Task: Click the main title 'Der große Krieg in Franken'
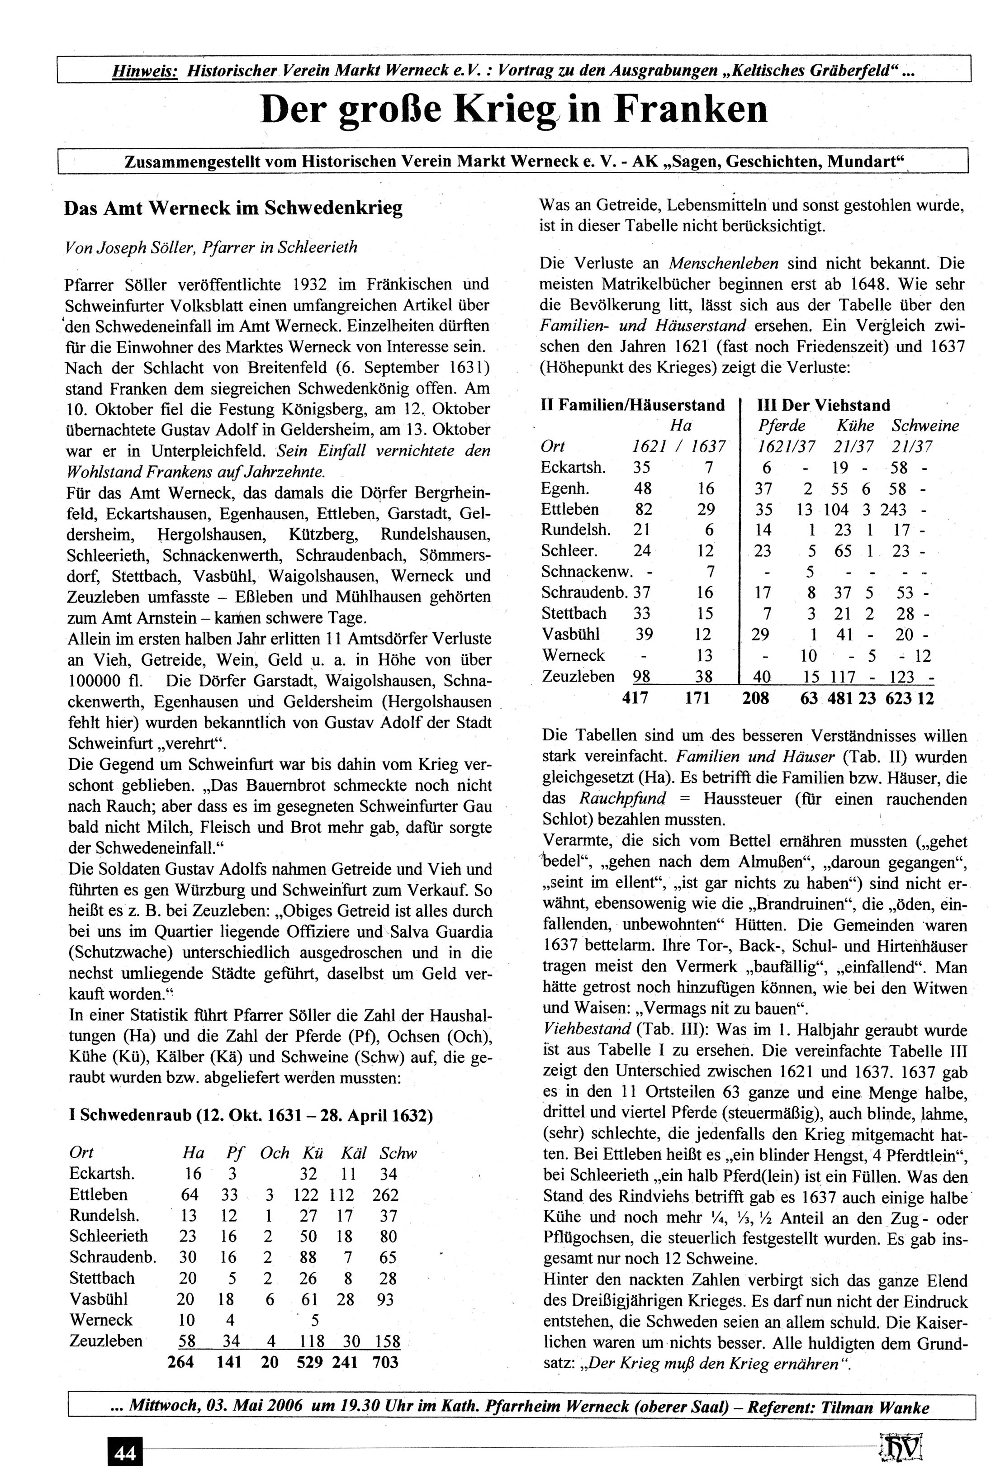click(514, 110)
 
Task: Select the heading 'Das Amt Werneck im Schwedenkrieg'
click(233, 208)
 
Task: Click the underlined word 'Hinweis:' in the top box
click(145, 70)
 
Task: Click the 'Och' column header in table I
click(275, 1153)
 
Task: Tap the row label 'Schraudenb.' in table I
click(112, 1258)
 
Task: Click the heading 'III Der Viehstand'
click(823, 405)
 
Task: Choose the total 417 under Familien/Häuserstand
click(635, 698)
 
